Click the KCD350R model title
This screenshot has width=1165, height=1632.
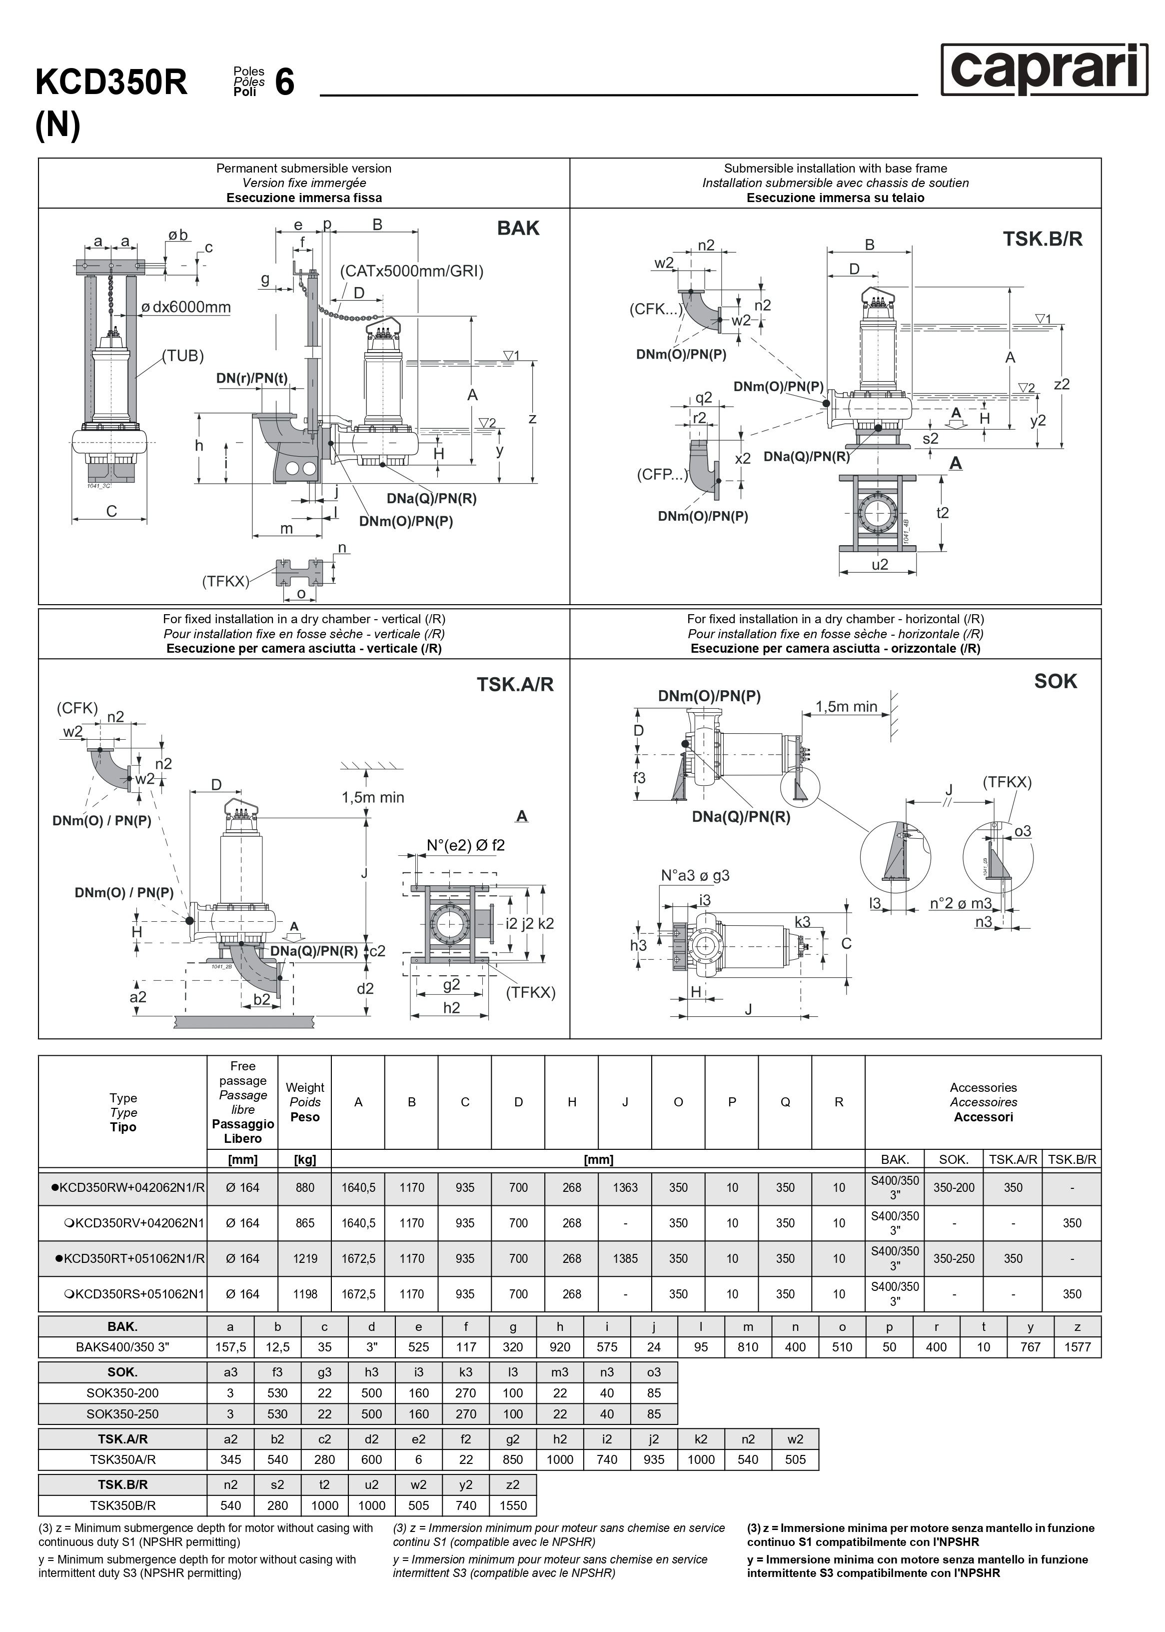point(111,83)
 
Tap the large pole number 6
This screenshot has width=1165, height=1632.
point(285,83)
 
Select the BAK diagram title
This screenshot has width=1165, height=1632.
point(518,228)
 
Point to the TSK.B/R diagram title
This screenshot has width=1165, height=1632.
point(1043,239)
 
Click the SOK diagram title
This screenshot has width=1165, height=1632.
point(1055,681)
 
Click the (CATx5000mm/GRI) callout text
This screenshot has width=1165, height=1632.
point(412,271)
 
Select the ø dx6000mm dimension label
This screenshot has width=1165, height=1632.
point(186,307)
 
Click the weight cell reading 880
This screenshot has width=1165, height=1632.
point(305,1188)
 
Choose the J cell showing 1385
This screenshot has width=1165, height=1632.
point(625,1259)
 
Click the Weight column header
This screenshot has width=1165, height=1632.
point(305,1102)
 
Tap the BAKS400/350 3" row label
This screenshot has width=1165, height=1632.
point(122,1347)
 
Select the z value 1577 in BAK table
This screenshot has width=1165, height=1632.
point(1077,1347)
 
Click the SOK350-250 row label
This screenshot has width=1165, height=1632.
point(122,1414)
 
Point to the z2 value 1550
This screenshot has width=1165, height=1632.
point(513,1505)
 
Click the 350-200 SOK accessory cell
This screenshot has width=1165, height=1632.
point(954,1188)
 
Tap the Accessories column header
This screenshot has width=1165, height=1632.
point(983,1102)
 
